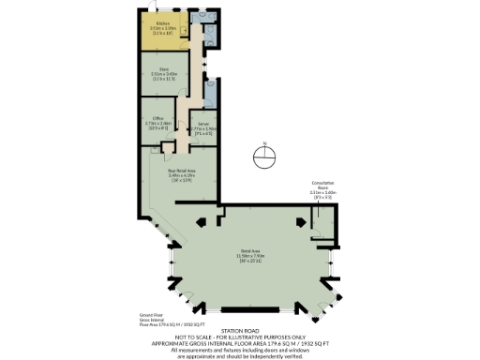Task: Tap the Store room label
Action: coord(163,68)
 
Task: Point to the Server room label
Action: coord(203,123)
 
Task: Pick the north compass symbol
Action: coord(265,156)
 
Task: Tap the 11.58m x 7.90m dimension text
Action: coord(248,257)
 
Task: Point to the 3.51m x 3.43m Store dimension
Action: coord(163,74)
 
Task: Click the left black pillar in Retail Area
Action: coord(201,222)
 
